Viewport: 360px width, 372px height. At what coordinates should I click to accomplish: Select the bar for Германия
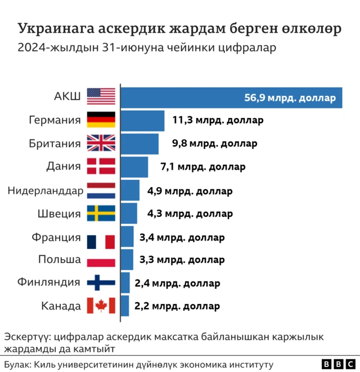coord(142,120)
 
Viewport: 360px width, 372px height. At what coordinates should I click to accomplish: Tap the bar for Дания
coord(134,167)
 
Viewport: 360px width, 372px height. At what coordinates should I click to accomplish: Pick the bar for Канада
coord(125,306)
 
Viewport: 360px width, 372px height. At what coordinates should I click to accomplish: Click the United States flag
coord(101,97)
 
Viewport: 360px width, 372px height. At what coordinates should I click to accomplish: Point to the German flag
coord(101,120)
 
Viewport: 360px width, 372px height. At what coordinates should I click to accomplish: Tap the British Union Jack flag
coord(101,144)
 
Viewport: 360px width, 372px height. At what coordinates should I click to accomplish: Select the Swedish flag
coord(101,214)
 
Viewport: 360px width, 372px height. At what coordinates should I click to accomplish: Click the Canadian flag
coord(101,306)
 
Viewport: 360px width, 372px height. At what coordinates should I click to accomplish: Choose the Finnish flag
coord(101,283)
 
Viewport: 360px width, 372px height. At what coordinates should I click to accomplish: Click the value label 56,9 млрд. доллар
coord(290,98)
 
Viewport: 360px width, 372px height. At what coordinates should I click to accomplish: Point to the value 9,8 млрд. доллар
coord(214,144)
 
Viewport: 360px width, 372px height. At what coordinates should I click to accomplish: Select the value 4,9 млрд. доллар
coord(190,190)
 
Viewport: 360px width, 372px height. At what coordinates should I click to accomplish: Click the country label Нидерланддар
coord(46,190)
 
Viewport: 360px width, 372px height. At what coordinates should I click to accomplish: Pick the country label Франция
coord(56,237)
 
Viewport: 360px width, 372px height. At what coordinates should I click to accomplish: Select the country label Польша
coord(60,260)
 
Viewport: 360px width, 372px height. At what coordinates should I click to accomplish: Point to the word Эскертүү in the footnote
coord(26,338)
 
